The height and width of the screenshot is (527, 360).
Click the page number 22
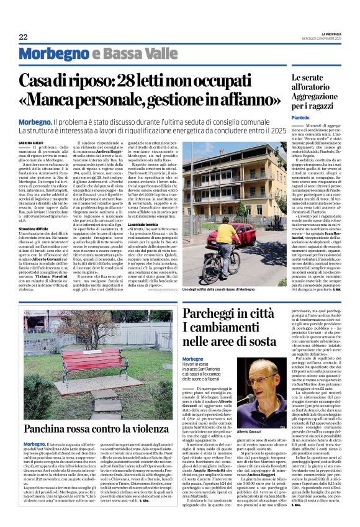coord(23,37)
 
